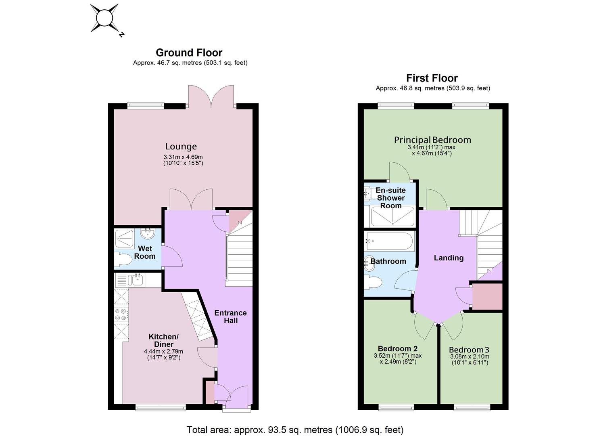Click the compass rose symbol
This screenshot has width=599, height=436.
point(104,18)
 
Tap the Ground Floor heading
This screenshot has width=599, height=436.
point(189,53)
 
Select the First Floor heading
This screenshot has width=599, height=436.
point(432,78)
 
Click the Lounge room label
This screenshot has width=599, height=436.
point(181,147)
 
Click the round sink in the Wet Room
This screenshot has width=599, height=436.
point(147,234)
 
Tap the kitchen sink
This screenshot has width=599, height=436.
point(137,280)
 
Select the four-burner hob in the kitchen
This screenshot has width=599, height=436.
point(121,314)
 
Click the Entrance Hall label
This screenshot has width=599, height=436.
point(230,317)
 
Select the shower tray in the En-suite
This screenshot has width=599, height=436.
point(392,216)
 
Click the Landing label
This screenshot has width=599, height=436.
point(449,258)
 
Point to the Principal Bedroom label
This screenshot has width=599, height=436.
point(432,140)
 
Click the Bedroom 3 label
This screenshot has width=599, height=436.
point(469,350)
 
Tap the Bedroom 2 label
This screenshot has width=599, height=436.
point(398,349)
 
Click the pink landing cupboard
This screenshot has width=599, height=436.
point(488,297)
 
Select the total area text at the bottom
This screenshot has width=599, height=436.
point(295,430)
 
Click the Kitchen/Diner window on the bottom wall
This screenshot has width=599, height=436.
point(161,408)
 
